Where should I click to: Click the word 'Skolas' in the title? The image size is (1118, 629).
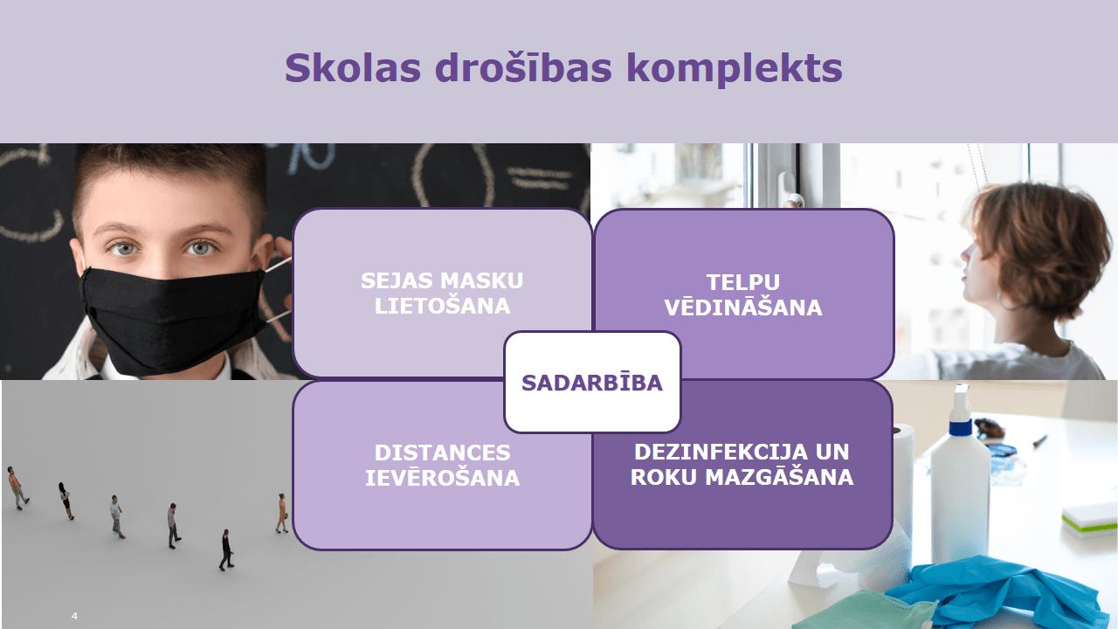(x=353, y=68)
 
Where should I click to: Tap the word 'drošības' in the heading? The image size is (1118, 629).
(x=523, y=67)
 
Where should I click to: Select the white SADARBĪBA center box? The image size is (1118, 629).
(x=592, y=382)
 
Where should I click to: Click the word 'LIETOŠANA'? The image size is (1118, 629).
(x=442, y=306)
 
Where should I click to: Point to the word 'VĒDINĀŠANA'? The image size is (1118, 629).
(x=743, y=307)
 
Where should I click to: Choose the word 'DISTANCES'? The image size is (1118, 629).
(x=442, y=453)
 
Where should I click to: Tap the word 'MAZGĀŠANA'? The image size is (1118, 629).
(x=778, y=477)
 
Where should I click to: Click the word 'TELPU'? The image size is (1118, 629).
(x=742, y=282)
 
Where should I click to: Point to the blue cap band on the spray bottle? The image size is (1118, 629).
(x=960, y=428)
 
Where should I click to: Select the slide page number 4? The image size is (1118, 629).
(x=74, y=616)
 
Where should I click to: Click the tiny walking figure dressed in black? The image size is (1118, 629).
(x=226, y=550)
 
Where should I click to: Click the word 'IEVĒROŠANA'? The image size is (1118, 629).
(x=442, y=478)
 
